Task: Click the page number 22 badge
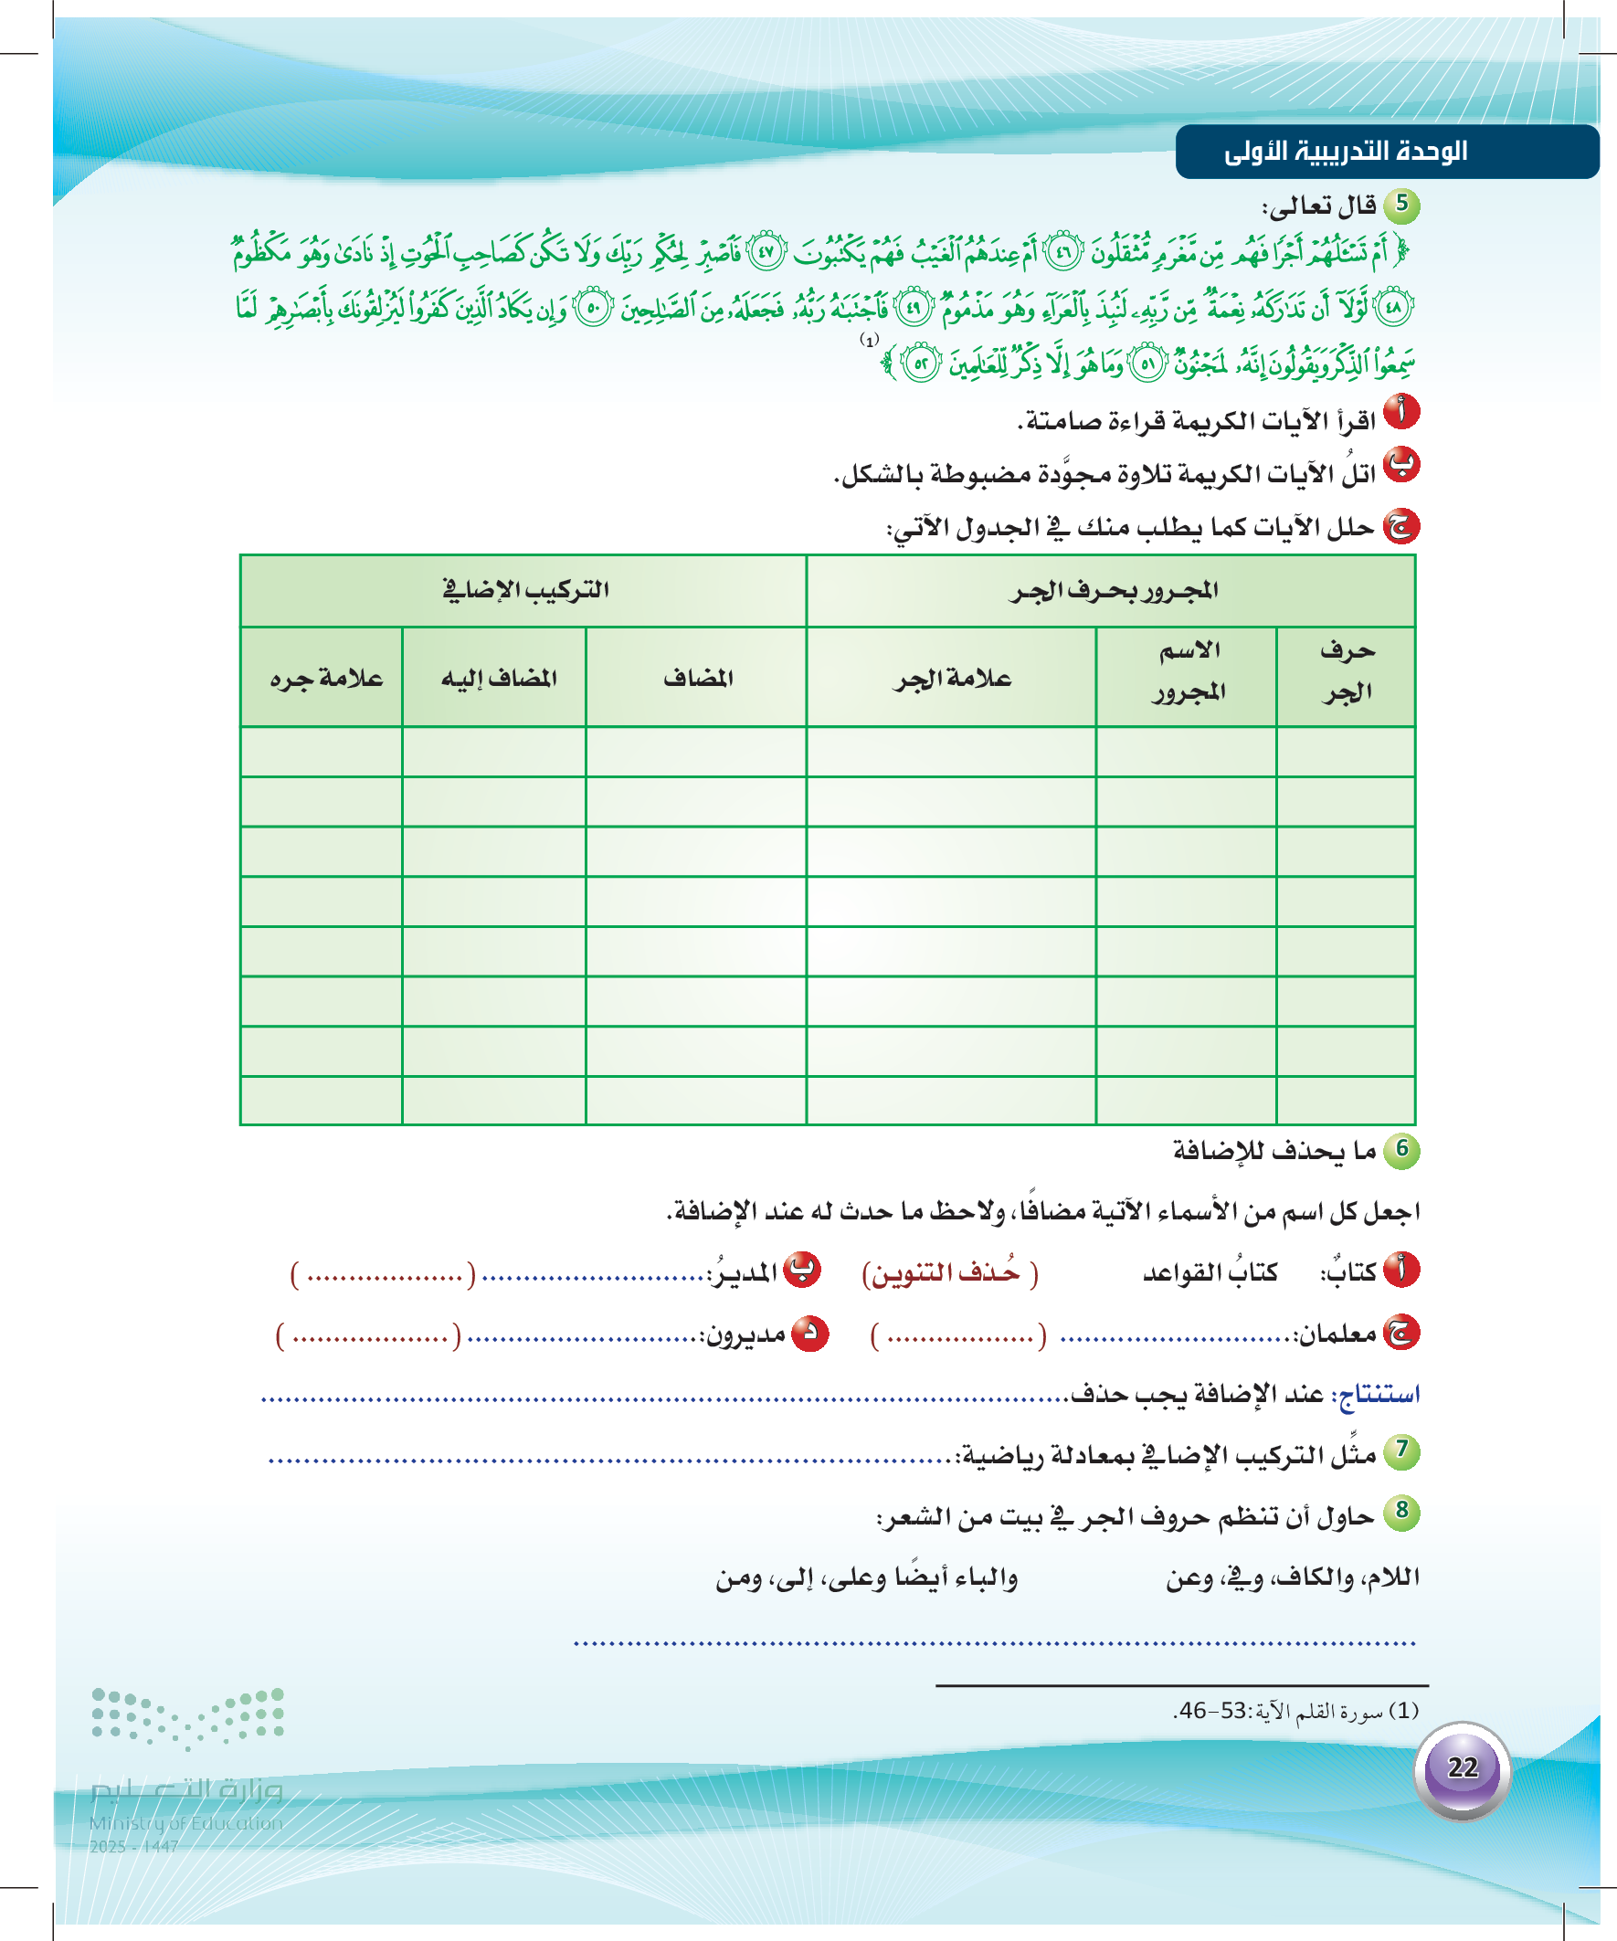(1462, 1768)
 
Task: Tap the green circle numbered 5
(1401, 205)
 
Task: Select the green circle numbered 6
(1401, 1150)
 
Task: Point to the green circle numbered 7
(1401, 1450)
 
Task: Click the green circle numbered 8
(1401, 1512)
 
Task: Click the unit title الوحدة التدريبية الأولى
(1345, 152)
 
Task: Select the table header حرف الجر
(1346, 672)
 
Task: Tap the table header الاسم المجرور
(1189, 672)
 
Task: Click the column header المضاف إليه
(498, 679)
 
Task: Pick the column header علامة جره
(325, 679)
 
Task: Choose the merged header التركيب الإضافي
(525, 590)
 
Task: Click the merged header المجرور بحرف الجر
(1113, 590)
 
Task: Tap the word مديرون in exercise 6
(746, 1334)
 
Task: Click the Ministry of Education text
(185, 1822)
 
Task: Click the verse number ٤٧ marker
(766, 252)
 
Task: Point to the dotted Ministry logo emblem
(187, 1718)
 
